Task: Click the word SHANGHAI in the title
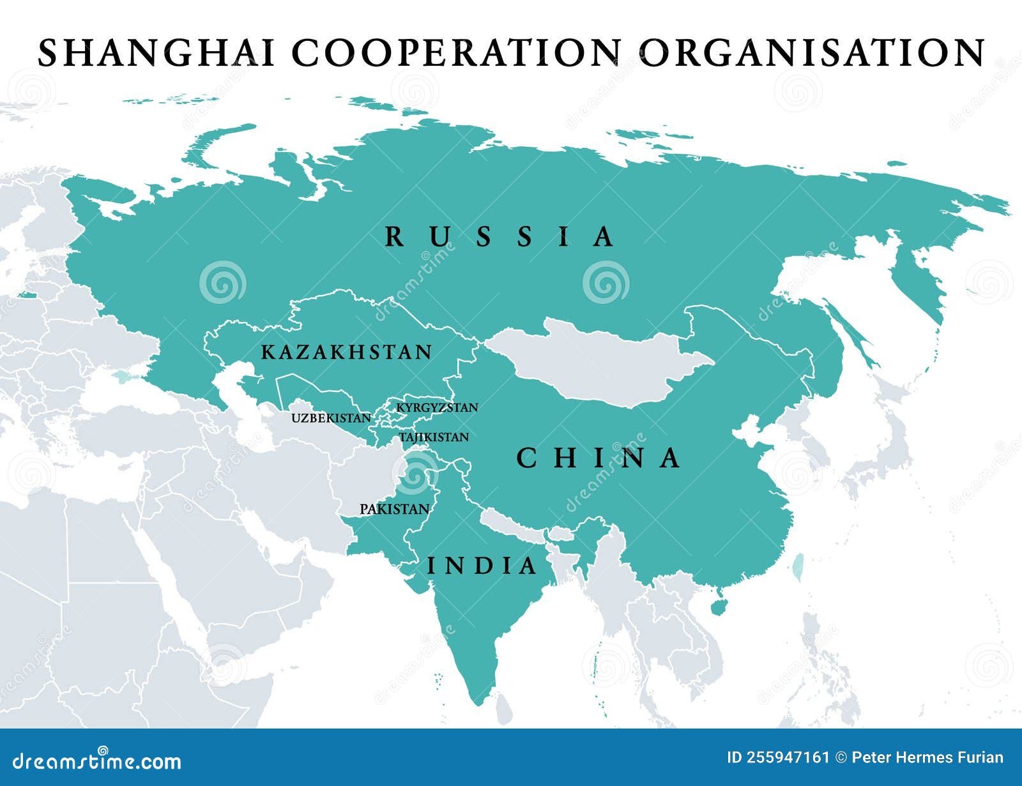click(156, 52)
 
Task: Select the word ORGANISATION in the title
click(812, 52)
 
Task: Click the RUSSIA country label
click(500, 237)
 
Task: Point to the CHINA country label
click(599, 458)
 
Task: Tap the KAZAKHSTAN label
click(347, 352)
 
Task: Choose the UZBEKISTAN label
click(331, 418)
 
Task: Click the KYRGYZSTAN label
click(437, 407)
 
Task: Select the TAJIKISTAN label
click(434, 437)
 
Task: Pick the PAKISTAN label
click(394, 509)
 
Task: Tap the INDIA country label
click(482, 566)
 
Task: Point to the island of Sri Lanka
click(504, 706)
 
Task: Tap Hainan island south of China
click(719, 605)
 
